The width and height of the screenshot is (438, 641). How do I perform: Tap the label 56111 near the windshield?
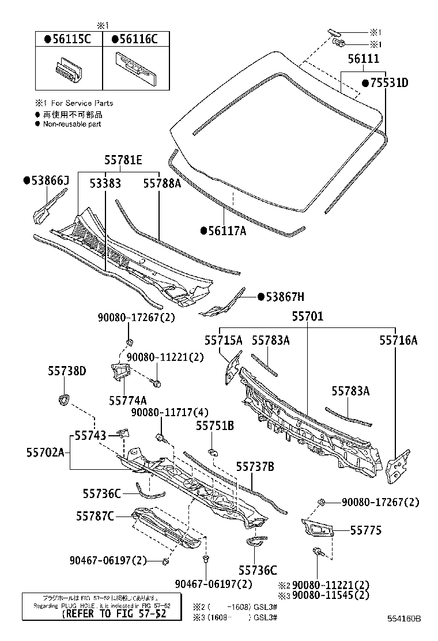pyautogui.click(x=363, y=59)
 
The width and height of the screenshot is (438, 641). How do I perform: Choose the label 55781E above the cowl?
pyautogui.click(x=123, y=160)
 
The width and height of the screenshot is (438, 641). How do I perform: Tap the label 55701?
pyautogui.click(x=307, y=316)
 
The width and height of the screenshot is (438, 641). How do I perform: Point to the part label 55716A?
pyautogui.click(x=398, y=340)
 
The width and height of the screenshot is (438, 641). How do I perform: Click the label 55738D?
pyautogui.click(x=67, y=371)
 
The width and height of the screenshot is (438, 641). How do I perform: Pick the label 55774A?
pyautogui.click(x=127, y=399)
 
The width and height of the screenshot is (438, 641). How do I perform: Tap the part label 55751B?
pyautogui.click(x=214, y=426)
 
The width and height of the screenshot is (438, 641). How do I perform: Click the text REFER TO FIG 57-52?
pyautogui.click(x=114, y=614)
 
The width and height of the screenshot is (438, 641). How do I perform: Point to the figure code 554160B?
pyautogui.click(x=403, y=619)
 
